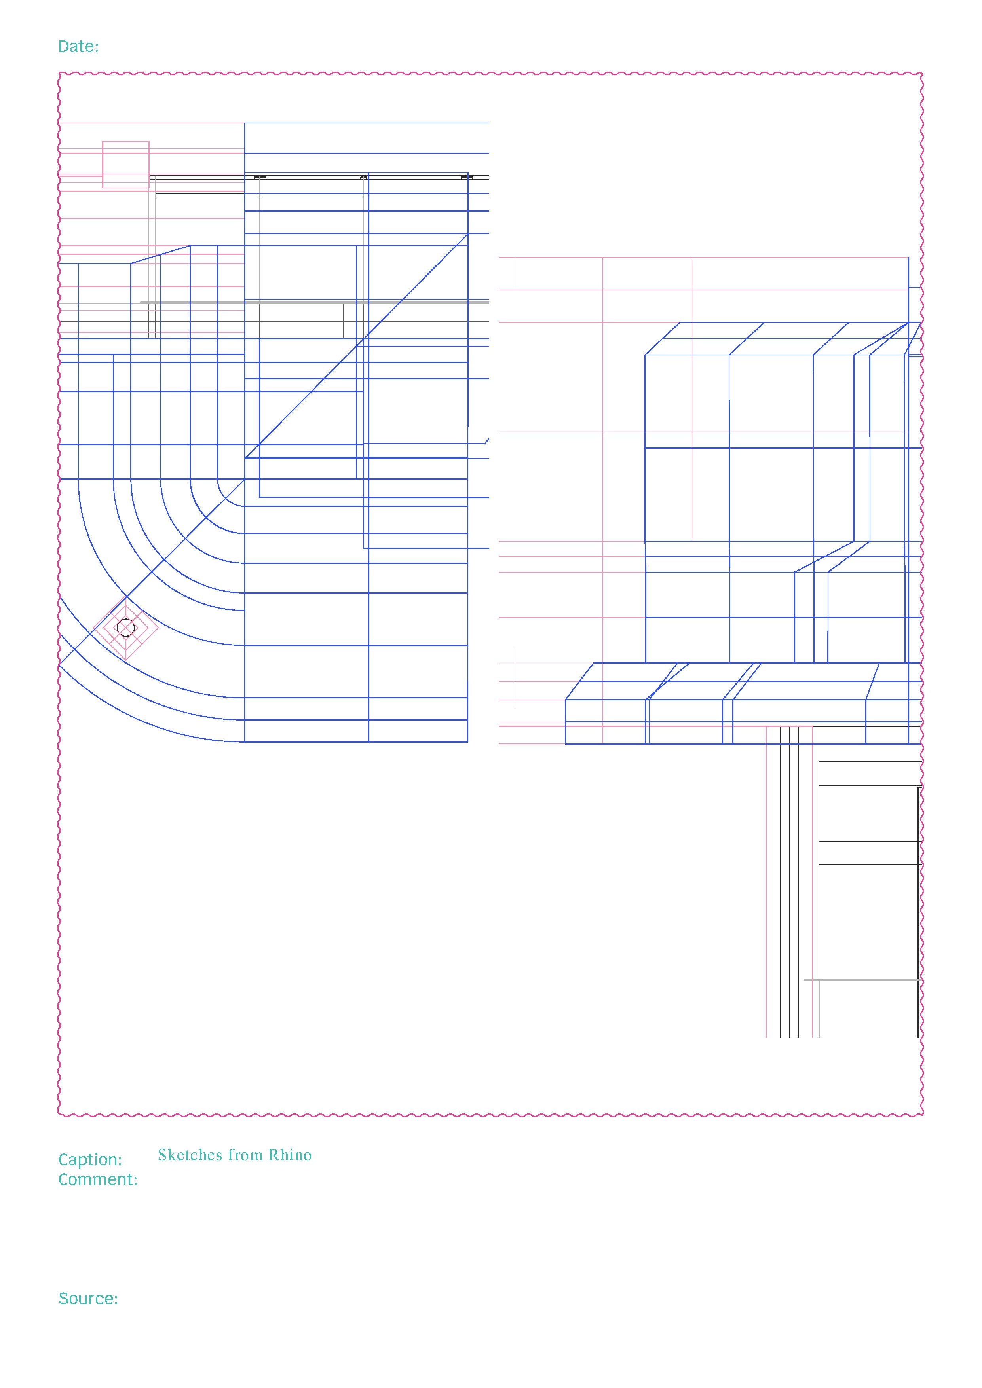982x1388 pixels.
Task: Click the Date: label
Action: click(x=78, y=47)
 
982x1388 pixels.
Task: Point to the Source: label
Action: click(x=88, y=1299)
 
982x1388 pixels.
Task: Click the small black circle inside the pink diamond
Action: click(x=125, y=628)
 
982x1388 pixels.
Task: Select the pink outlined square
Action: click(x=126, y=165)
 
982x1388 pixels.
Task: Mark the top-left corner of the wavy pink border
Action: click(x=60, y=74)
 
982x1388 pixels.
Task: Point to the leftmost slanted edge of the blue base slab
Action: click(x=579, y=681)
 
